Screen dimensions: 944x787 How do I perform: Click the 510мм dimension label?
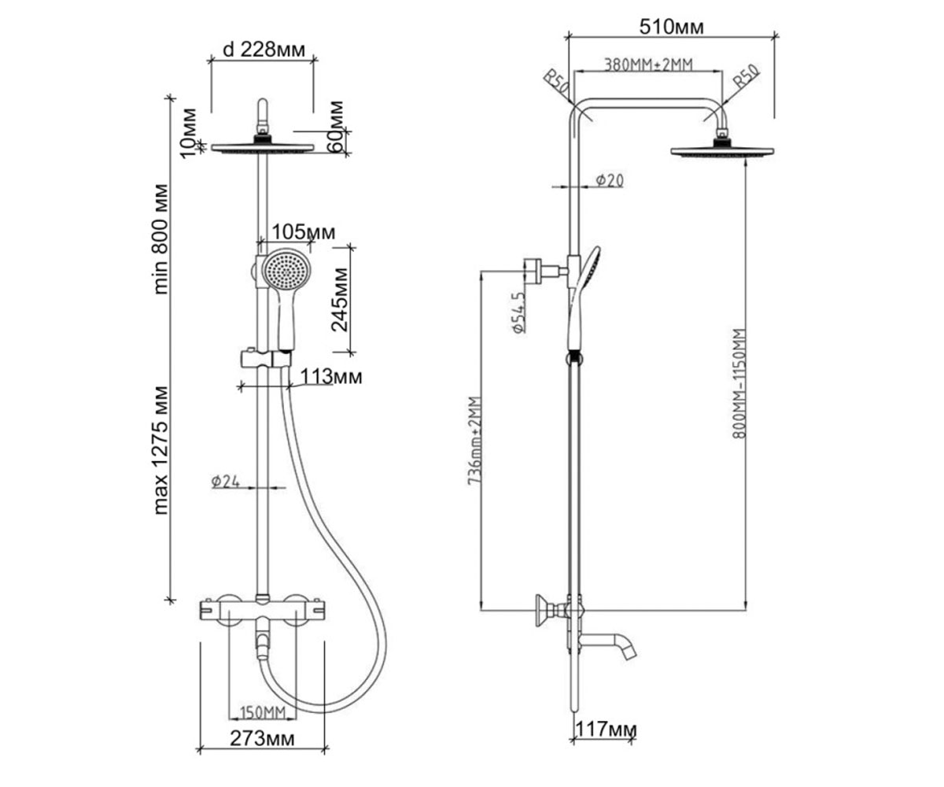[x=671, y=27]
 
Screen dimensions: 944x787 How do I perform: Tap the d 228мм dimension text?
[x=264, y=50]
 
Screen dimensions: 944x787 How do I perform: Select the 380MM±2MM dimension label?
[x=649, y=65]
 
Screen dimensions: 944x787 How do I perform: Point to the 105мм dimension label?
[x=304, y=232]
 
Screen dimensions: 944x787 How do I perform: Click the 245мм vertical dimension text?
[x=340, y=299]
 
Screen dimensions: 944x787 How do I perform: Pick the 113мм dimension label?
[x=331, y=376]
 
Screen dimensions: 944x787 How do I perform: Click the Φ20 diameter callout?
[x=610, y=180]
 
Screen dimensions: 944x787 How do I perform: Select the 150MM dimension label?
[x=263, y=713]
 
